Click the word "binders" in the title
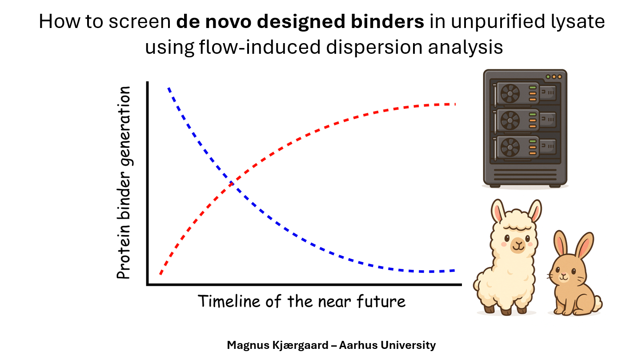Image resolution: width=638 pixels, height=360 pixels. [x=387, y=21]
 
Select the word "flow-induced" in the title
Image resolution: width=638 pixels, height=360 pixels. [x=260, y=47]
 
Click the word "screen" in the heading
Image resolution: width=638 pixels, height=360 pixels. [x=139, y=22]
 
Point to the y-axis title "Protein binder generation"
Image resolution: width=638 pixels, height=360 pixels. [x=124, y=182]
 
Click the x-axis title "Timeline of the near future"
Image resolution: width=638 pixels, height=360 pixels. [x=301, y=301]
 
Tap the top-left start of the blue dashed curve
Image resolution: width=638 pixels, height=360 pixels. [x=169, y=88]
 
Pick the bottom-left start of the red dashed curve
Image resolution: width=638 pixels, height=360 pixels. [x=161, y=274]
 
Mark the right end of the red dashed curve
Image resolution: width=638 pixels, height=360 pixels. [x=455, y=104]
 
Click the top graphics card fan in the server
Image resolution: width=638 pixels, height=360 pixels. [x=510, y=93]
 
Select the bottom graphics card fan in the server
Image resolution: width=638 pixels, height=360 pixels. [x=510, y=147]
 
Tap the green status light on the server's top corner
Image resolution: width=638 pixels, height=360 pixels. [x=548, y=77]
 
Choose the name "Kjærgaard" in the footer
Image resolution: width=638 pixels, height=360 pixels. [x=301, y=345]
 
